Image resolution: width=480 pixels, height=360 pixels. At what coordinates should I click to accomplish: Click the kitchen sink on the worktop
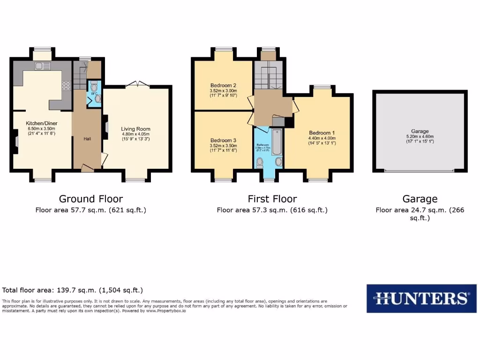[x=42, y=66]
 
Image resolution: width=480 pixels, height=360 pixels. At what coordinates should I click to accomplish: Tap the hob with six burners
[x=66, y=86]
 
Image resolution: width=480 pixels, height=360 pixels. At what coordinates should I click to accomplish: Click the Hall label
[x=87, y=139]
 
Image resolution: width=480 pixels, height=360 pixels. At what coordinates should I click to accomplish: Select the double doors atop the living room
[x=137, y=84]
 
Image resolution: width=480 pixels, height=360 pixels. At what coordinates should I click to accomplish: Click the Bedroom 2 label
[x=223, y=85]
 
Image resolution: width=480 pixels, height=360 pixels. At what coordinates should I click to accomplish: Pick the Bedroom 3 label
[x=223, y=141]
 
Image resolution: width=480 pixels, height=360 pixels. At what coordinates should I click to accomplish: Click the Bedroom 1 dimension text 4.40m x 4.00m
[x=322, y=138]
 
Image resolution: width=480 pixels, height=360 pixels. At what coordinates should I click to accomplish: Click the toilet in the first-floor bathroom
[x=259, y=162]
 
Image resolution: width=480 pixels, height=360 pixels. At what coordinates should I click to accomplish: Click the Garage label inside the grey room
[x=420, y=131]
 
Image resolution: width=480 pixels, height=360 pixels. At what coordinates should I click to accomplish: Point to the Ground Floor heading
[x=91, y=199]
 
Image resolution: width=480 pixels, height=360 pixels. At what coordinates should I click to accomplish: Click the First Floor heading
[x=272, y=199]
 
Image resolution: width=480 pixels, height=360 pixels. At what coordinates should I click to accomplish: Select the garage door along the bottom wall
[x=420, y=171]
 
